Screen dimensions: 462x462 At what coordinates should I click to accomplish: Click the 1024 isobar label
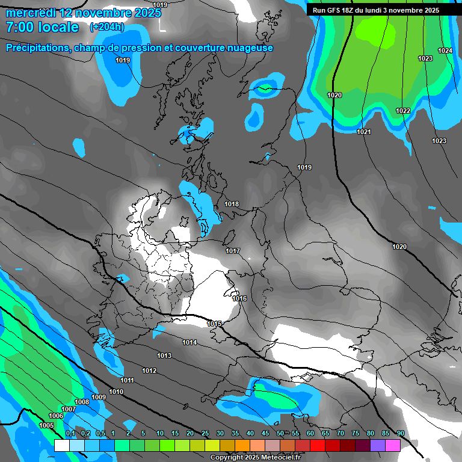[445, 51]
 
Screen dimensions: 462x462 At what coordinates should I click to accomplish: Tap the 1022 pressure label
[403, 111]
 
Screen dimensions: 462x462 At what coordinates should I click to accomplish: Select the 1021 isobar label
[364, 132]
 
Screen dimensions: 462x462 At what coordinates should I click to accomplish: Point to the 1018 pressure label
[232, 205]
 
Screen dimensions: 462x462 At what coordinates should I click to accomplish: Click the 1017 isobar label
[233, 251]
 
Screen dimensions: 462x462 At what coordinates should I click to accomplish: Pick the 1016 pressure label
[239, 299]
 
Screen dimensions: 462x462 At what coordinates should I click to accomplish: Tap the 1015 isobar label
[214, 324]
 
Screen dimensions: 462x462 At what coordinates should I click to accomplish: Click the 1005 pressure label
[46, 426]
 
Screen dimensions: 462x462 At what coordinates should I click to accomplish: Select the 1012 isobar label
[149, 371]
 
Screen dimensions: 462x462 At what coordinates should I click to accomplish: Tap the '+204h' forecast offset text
[106, 27]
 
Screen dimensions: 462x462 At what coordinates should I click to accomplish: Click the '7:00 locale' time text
[42, 27]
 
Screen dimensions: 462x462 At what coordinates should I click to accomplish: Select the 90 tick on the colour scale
[400, 434]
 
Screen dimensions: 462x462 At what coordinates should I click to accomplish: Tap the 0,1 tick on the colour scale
[70, 434]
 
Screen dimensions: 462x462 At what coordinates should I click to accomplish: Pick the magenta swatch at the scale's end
[393, 445]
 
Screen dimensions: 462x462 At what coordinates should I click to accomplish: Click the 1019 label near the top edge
[160, 5]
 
